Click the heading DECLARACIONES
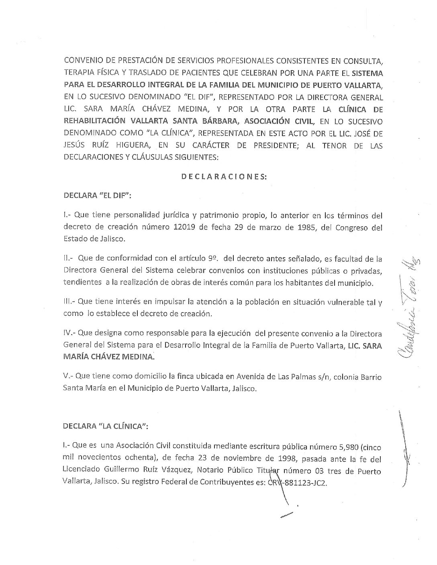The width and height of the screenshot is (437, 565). click(224, 177)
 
